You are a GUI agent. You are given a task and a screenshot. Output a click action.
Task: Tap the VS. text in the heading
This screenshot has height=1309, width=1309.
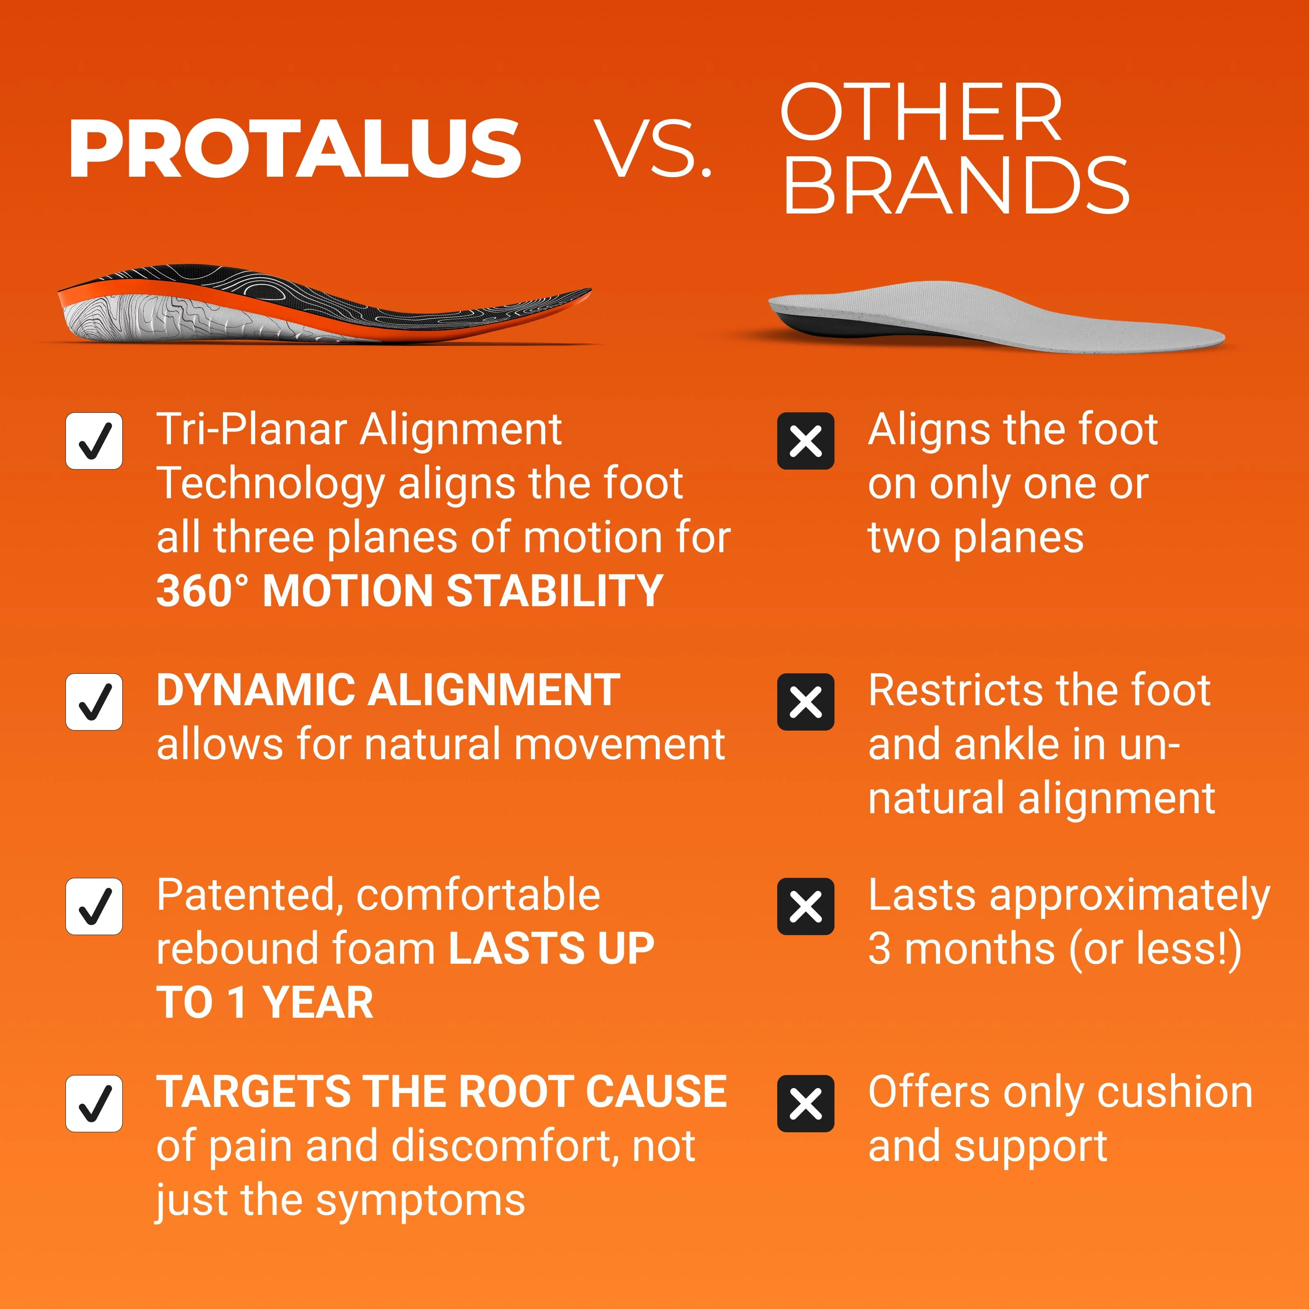[653, 149]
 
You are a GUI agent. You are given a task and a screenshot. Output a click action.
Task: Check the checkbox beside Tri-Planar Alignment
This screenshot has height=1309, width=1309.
[94, 441]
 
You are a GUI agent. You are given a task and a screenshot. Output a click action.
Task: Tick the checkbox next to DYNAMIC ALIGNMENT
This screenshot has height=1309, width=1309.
[94, 702]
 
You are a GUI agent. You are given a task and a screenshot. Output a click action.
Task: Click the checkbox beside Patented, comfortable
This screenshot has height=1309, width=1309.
[94, 906]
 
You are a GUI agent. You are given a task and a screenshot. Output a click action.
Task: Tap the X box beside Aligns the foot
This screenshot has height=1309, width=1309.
[805, 441]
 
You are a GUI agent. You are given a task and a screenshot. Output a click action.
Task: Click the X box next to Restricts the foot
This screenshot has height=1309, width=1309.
[805, 702]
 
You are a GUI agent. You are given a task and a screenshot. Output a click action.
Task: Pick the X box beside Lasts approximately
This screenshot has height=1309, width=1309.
[805, 906]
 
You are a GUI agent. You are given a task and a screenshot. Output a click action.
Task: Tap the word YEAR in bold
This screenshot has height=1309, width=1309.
[318, 1003]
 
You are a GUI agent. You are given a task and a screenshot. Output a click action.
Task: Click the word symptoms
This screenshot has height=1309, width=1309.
[421, 1202]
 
